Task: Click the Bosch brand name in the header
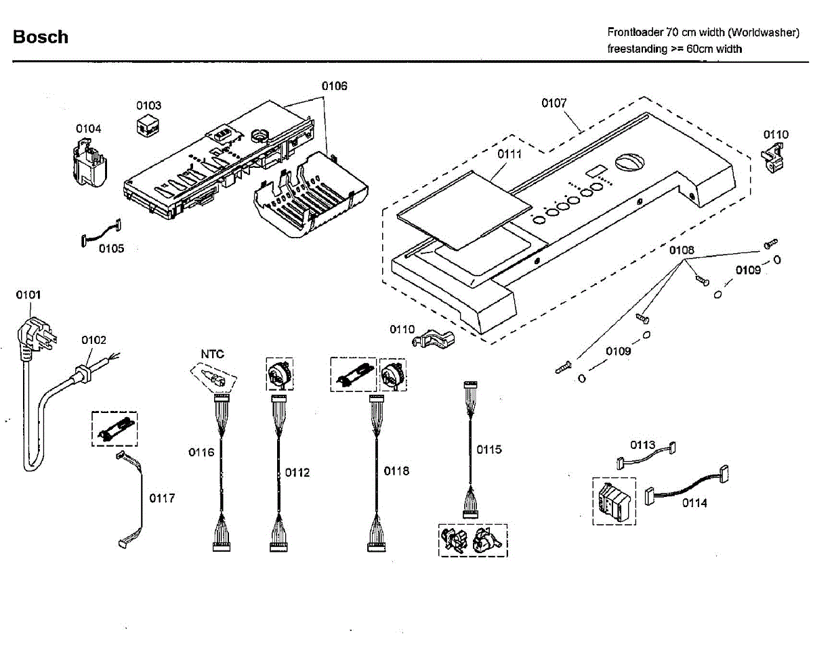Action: pyautogui.click(x=41, y=37)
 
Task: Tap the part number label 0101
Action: pyautogui.click(x=28, y=295)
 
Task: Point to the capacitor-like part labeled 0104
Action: pyautogui.click(x=89, y=165)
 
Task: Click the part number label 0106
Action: pyautogui.click(x=334, y=86)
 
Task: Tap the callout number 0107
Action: pyautogui.click(x=554, y=103)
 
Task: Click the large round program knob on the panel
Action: pyautogui.click(x=627, y=163)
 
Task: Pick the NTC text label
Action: pyautogui.click(x=212, y=354)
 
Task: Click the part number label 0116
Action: pyautogui.click(x=201, y=452)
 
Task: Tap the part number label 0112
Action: pyautogui.click(x=297, y=473)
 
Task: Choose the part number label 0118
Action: pyautogui.click(x=396, y=471)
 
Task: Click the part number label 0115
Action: pyautogui.click(x=488, y=449)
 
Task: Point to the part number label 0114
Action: pyautogui.click(x=694, y=503)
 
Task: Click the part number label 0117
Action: pyautogui.click(x=162, y=498)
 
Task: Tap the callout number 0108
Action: pyautogui.click(x=682, y=251)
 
